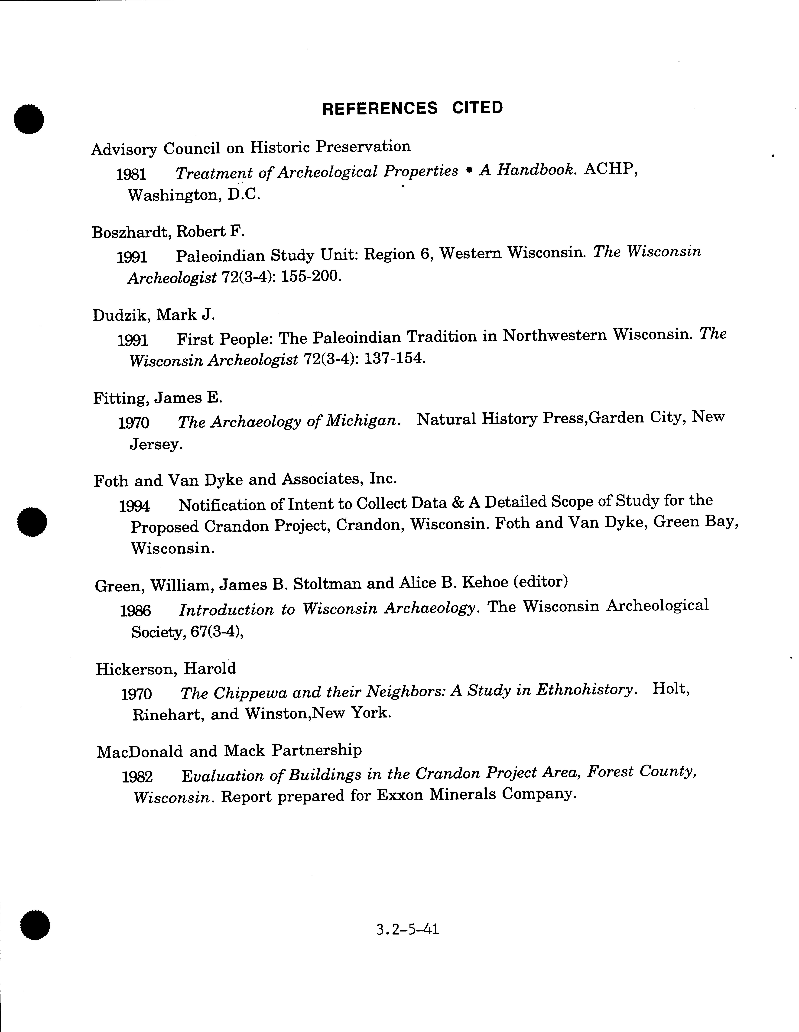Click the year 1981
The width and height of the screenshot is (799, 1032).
pyautogui.click(x=131, y=174)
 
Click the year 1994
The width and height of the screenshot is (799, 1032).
pyautogui.click(x=134, y=506)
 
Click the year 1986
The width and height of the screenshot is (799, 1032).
pyautogui.click(x=135, y=611)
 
